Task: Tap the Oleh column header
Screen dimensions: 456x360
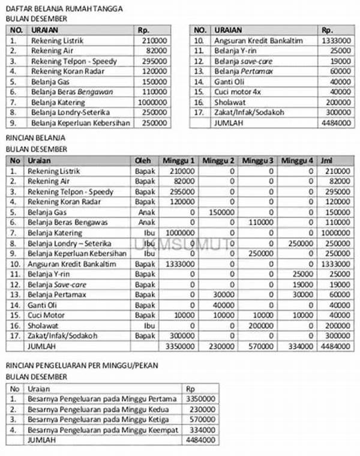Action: click(x=143, y=161)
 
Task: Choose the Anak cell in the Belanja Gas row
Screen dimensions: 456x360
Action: click(x=146, y=212)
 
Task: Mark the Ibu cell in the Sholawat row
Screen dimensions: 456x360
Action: click(x=149, y=325)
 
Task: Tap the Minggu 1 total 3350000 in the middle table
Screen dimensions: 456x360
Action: click(x=180, y=346)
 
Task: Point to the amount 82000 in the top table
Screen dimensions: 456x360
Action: click(x=156, y=50)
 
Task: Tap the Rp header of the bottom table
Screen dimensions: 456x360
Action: click(x=191, y=388)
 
